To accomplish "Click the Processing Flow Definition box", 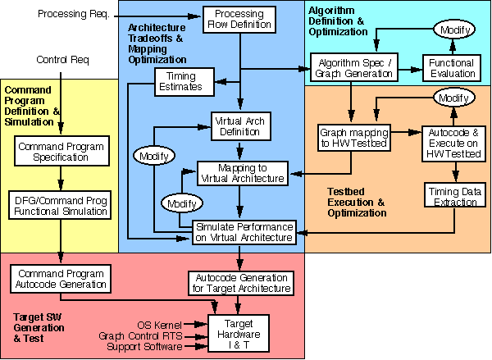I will (x=239, y=21).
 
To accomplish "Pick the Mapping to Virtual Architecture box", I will (x=242, y=172).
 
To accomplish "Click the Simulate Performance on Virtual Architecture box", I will (x=243, y=231).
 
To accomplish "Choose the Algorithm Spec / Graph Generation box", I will (x=352, y=67).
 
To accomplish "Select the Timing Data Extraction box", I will (x=454, y=196).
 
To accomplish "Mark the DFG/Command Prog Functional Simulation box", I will (x=59, y=205).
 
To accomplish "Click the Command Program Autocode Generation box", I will (x=58, y=279).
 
